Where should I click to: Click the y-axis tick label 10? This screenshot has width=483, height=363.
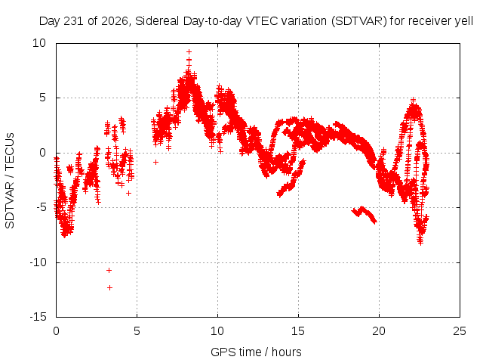point(39,43)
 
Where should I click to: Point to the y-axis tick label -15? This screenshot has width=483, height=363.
point(38,317)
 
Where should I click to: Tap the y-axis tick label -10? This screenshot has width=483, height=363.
point(38,262)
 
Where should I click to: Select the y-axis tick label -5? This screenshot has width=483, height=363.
point(42,207)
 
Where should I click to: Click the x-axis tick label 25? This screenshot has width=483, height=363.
point(460,331)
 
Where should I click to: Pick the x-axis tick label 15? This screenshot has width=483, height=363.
point(298,331)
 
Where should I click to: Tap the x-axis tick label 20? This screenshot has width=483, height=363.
point(379,331)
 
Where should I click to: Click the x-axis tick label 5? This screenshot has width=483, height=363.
point(137,331)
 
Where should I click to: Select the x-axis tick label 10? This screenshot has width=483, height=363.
point(217,331)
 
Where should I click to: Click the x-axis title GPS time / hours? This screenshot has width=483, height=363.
point(256,352)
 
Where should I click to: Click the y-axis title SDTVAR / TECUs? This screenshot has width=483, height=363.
point(10,181)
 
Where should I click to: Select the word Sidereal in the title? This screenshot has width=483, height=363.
point(157,21)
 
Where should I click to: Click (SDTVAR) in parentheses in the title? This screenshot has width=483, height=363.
point(359,21)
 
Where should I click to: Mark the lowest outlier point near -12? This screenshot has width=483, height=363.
point(109,287)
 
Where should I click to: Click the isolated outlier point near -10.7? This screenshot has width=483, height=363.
point(109,271)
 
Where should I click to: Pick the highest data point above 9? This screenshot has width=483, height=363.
point(189,52)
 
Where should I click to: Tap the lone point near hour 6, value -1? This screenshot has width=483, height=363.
point(156,162)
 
